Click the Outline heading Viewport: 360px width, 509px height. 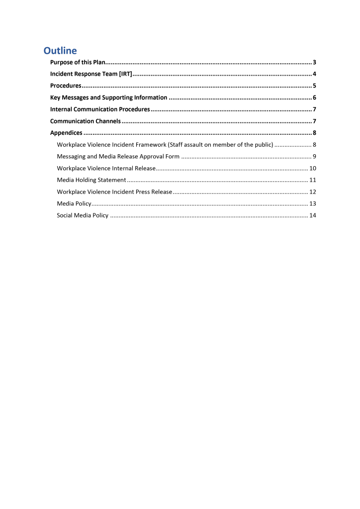click(60, 51)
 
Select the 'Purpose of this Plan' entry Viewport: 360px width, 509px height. click(78, 63)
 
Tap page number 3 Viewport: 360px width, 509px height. click(315, 63)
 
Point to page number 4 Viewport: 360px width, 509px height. click(315, 75)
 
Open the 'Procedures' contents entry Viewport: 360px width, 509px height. click(66, 86)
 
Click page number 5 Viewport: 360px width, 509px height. click(315, 86)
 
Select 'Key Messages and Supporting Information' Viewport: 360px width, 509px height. click(108, 98)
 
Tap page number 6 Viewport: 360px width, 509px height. click(315, 98)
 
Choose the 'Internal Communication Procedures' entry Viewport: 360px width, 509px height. click(100, 109)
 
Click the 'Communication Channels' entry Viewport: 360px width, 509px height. click(86, 121)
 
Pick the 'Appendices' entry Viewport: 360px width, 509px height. click(66, 133)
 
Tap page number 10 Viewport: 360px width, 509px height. click(313, 169)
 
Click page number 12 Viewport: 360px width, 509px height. click(313, 192)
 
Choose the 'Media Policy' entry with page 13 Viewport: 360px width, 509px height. click(74, 204)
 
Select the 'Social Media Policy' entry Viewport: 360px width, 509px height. click(83, 215)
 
